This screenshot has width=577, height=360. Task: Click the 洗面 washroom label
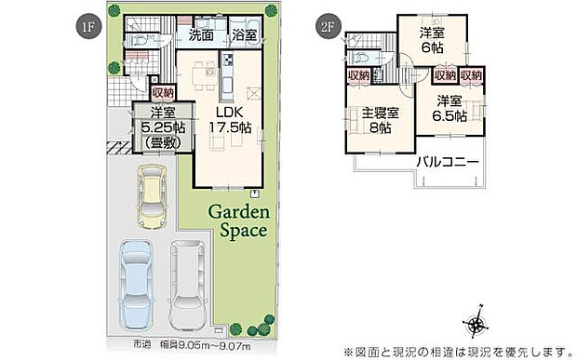point(201,35)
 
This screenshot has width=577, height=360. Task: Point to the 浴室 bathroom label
point(246,35)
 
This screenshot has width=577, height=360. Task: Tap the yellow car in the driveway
point(149,198)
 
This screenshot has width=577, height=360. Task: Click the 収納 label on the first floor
point(163,92)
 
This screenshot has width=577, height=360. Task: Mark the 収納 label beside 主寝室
point(359,75)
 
